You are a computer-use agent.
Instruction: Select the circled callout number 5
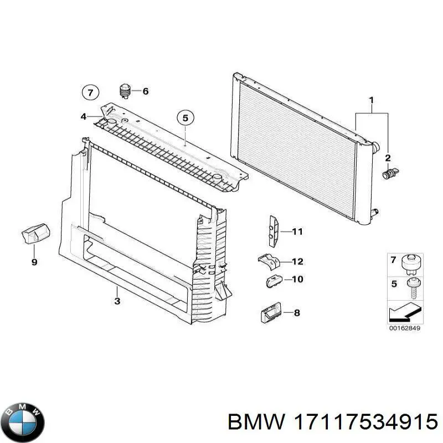pyautogui.click(x=186, y=117)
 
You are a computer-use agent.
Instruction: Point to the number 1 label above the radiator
pyautogui.click(x=372, y=100)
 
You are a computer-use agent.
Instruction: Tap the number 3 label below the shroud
pyautogui.click(x=117, y=301)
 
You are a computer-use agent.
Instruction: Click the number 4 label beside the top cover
pyautogui.click(x=83, y=116)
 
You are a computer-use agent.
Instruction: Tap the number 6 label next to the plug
pyautogui.click(x=146, y=91)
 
